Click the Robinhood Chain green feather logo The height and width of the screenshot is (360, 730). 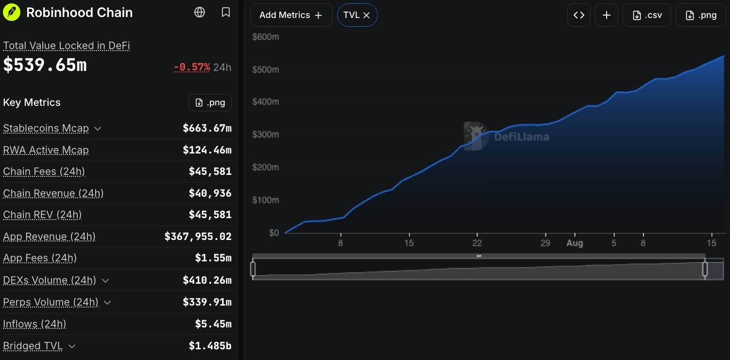tap(11, 13)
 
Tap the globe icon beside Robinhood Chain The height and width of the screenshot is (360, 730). tap(200, 13)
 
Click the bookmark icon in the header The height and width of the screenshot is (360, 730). tap(225, 13)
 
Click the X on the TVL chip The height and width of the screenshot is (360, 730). tap(366, 16)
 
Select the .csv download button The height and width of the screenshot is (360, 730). tap(647, 15)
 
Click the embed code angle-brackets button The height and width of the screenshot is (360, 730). tap(579, 15)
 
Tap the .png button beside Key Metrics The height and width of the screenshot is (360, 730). tap(210, 103)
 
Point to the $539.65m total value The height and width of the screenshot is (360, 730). tap(45, 65)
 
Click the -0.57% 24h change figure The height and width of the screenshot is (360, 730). tap(192, 67)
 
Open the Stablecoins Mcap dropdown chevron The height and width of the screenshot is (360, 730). tap(98, 129)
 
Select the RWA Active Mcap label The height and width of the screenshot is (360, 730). tap(46, 150)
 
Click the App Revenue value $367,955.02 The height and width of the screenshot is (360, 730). tap(198, 237)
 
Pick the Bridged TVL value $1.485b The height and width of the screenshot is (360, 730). tap(210, 345)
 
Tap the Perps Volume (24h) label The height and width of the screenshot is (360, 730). tap(51, 302)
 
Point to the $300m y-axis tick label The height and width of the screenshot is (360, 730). tap(266, 135)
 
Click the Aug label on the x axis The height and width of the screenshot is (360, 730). tap(575, 243)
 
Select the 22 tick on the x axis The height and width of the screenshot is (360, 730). tap(477, 243)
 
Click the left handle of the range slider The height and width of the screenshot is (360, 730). tap(253, 269)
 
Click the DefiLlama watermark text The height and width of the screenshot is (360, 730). tap(522, 137)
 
